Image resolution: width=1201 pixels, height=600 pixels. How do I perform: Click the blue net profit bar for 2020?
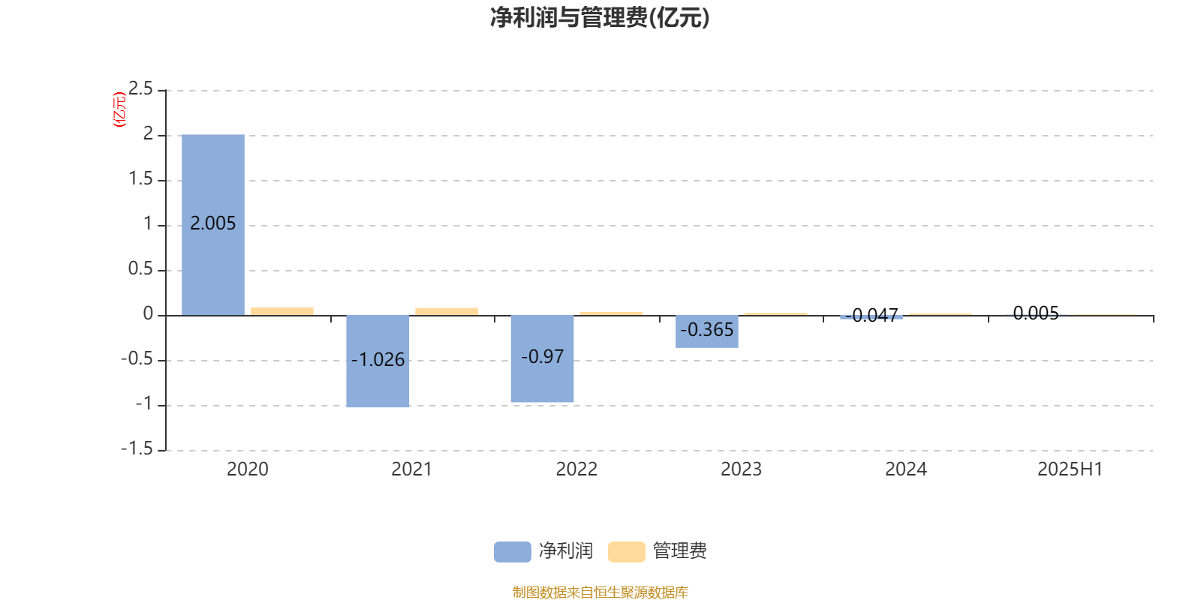pos(213,225)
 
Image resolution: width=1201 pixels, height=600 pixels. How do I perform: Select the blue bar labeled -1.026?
pos(378,361)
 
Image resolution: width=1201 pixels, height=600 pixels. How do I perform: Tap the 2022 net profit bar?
pos(542,358)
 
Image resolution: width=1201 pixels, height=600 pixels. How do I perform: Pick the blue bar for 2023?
pos(706,331)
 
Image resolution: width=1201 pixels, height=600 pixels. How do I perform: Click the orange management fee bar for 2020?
pos(282,311)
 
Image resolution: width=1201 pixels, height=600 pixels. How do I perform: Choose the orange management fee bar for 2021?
pos(447,312)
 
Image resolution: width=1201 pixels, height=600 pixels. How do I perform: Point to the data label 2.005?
pos(213,223)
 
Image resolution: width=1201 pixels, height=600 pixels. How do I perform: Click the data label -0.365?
pos(706,330)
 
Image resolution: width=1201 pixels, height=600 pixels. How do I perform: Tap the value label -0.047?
pos(871,316)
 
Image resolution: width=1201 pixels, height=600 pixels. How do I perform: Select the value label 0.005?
pos(1036,313)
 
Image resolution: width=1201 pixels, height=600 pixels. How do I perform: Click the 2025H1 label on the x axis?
pos(1070,469)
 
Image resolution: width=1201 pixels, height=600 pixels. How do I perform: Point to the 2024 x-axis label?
pos(906,469)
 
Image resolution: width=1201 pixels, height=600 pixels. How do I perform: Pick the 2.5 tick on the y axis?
pos(140,88)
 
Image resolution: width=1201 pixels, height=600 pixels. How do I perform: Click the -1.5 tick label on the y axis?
pos(137,448)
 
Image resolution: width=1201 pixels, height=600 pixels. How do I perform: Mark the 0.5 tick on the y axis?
pos(140,268)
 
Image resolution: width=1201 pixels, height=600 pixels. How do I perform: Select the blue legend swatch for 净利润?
pos(513,552)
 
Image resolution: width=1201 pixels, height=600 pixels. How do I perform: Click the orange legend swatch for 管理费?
pos(626,552)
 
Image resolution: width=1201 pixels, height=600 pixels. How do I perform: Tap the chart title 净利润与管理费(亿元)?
pos(600,18)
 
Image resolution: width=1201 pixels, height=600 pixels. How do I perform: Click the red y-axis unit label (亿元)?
pos(119,109)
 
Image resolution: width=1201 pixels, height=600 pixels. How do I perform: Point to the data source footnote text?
pos(600,592)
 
